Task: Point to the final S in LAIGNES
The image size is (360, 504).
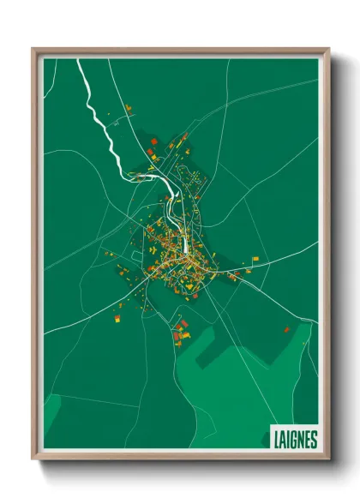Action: [x=314, y=439]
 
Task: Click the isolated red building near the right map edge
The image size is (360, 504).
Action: [x=286, y=330]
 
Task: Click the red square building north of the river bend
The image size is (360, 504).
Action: [x=151, y=153]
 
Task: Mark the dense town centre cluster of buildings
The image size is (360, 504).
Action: [x=176, y=257]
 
